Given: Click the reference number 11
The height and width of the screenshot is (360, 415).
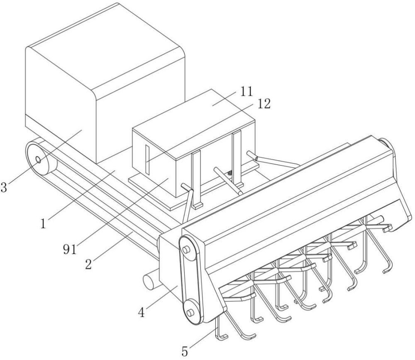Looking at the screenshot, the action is coord(247,91).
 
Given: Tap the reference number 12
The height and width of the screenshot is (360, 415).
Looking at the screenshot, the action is coord(264,104).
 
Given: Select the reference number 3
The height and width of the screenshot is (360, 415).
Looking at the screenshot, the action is coord(3,187).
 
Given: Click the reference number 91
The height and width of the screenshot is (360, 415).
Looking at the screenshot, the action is coord(70,249).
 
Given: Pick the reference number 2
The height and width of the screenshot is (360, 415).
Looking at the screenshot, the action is coord(88,264).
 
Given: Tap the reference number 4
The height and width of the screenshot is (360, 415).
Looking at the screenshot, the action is coord(142,313).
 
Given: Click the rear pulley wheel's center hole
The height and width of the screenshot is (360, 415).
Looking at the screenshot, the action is coord(38,160).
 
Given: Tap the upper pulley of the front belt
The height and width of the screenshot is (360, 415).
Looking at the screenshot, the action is coord(187,250).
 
